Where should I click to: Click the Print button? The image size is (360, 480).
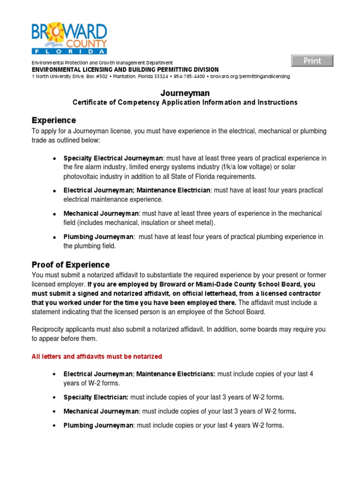coord(312,61)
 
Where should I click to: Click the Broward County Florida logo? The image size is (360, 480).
coord(69,38)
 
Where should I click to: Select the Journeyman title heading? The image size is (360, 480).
coord(185,93)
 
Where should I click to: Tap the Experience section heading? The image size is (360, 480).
coord(53,120)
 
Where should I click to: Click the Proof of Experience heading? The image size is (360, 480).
coord(70,265)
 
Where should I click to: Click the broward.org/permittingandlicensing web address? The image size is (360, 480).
coord(250,76)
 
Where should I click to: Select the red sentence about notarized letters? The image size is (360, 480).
coord(97,357)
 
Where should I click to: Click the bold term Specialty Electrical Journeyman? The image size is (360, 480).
coord(113,158)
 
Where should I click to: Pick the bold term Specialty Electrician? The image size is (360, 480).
coord(96,397)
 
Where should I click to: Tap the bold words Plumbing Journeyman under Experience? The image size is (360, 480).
coord(98,237)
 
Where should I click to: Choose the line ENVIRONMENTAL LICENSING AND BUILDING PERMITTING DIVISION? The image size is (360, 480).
coord(125,69)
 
